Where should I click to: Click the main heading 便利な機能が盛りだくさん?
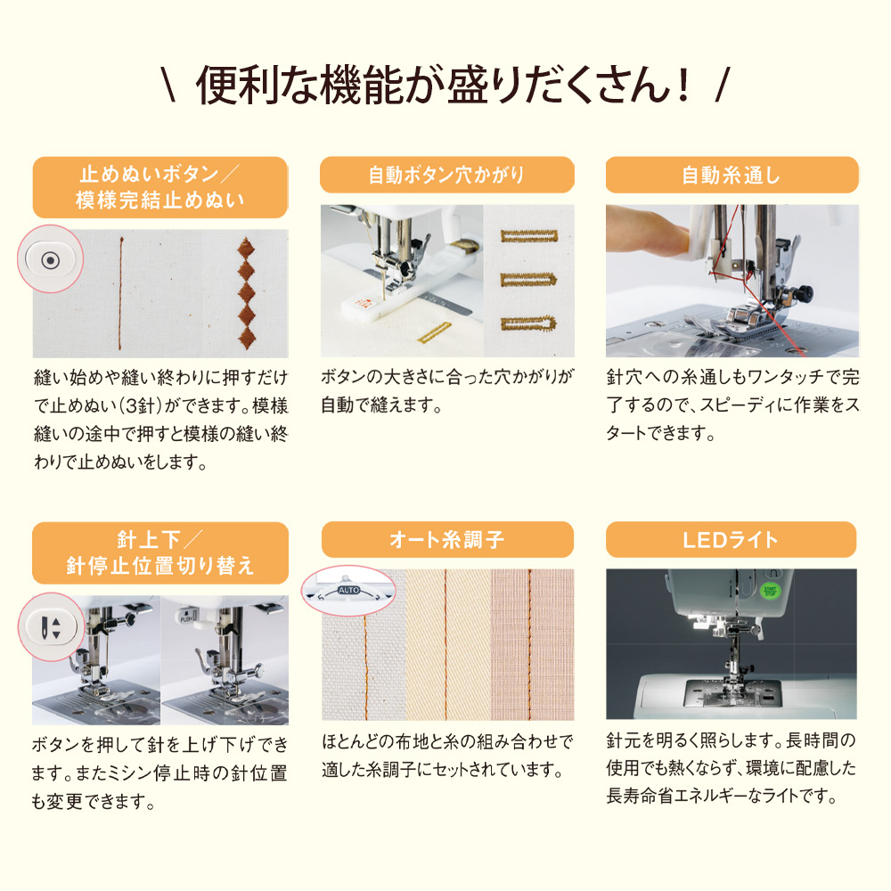click(445, 86)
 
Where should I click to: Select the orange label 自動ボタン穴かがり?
click(446, 175)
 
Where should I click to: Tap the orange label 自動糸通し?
click(732, 175)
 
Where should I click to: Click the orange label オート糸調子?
click(446, 540)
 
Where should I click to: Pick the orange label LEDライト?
click(731, 540)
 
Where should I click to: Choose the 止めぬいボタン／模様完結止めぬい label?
click(160, 188)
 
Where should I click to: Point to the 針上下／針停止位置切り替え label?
click(160, 553)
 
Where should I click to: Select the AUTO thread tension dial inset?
click(347, 590)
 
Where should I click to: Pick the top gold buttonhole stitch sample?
click(529, 236)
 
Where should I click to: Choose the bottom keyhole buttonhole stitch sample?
click(529, 323)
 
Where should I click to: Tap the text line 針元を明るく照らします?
click(693, 741)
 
